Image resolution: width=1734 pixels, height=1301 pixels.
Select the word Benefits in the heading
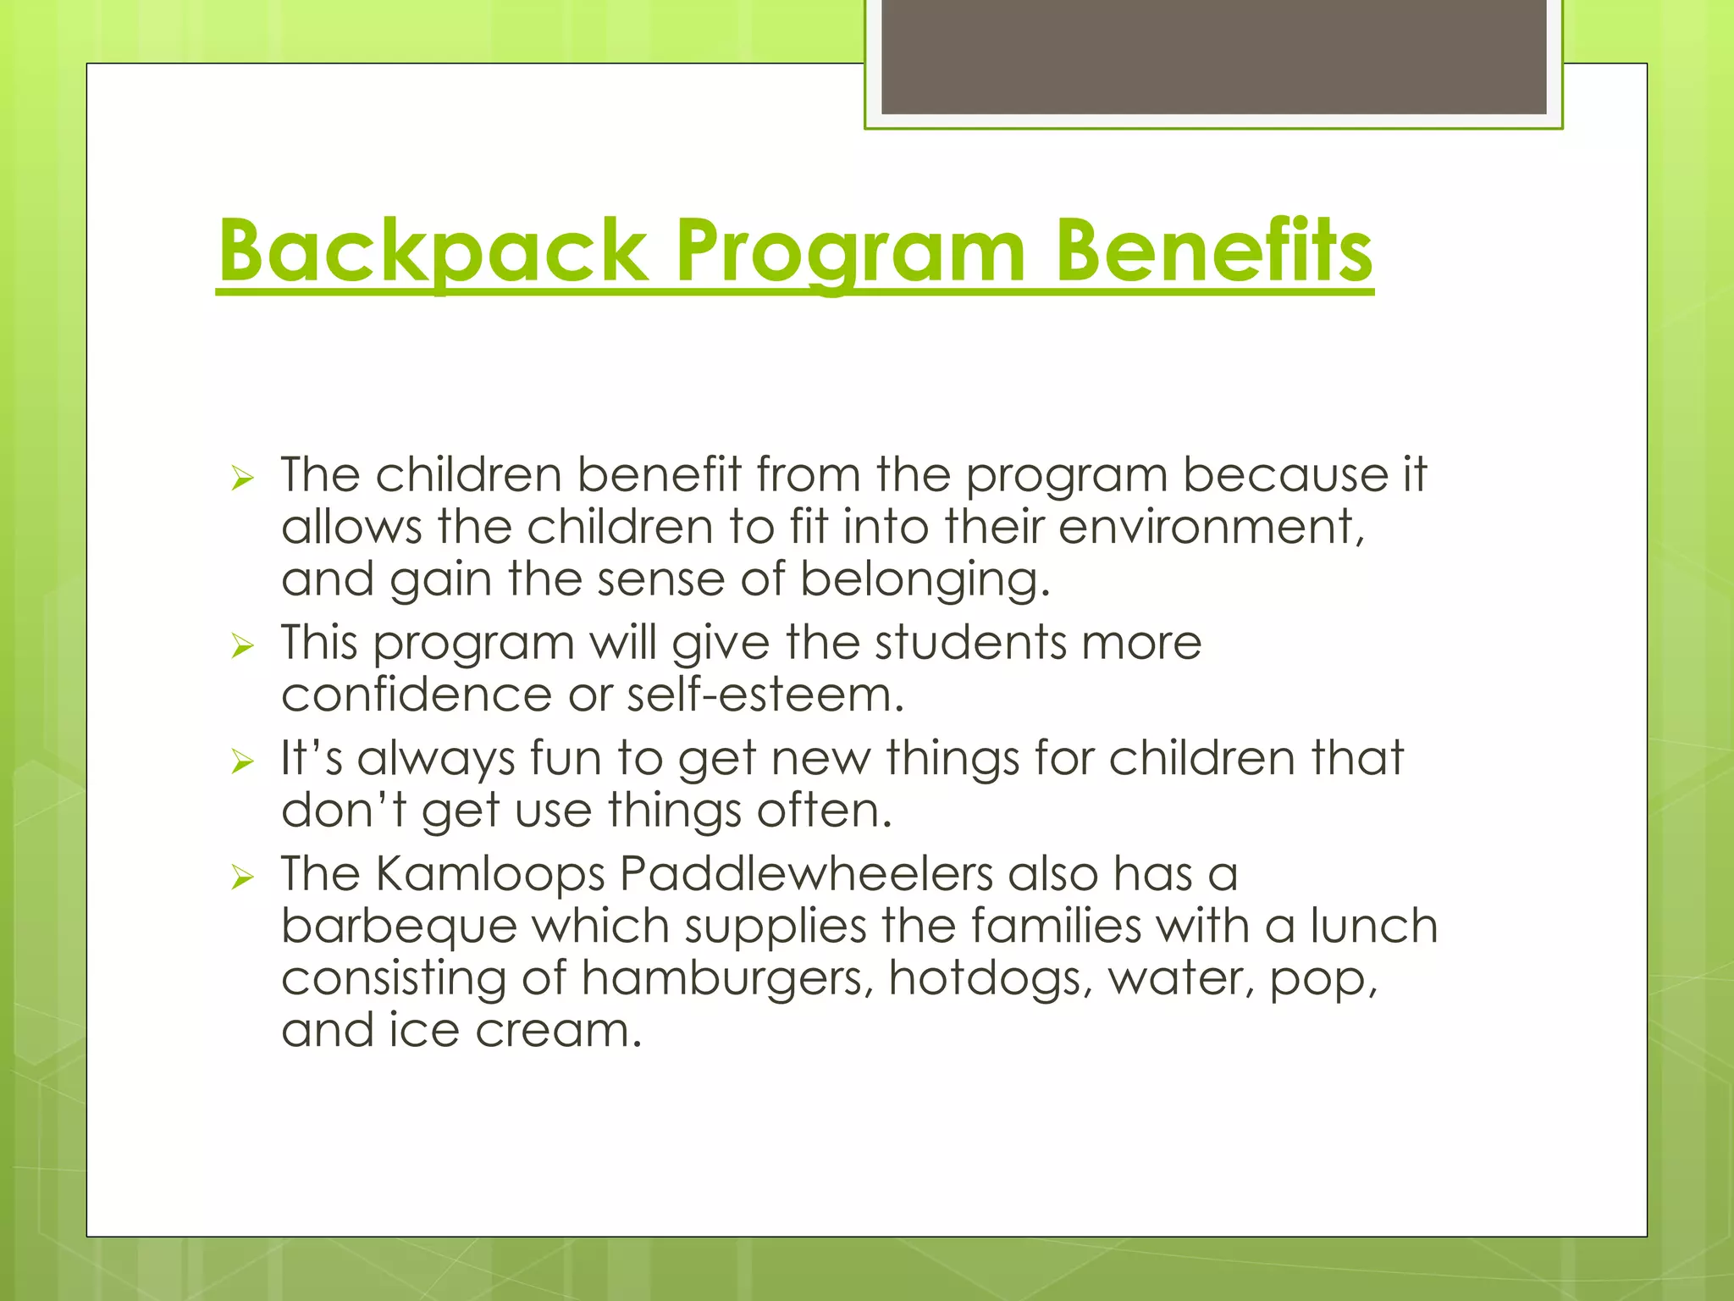point(1212,252)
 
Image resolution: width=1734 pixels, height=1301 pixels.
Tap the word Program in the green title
point(850,252)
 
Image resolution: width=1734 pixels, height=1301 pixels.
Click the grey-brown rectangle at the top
point(1213,56)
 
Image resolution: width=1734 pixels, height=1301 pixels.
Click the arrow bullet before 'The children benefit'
point(242,479)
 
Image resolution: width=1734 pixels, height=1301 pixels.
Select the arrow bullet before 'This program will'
point(242,647)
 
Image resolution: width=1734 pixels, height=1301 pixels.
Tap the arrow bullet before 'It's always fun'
point(242,762)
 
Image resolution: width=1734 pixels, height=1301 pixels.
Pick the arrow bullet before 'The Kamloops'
point(242,877)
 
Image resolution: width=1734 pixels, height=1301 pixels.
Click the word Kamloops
point(490,873)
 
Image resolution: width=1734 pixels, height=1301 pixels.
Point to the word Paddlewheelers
point(805,873)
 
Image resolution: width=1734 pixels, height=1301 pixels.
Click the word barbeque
point(399,927)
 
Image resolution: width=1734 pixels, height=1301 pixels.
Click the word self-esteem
point(765,695)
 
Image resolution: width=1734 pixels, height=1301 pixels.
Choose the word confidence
point(417,695)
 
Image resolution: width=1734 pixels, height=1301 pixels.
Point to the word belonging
point(925,581)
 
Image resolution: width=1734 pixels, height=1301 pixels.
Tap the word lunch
point(1373,927)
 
